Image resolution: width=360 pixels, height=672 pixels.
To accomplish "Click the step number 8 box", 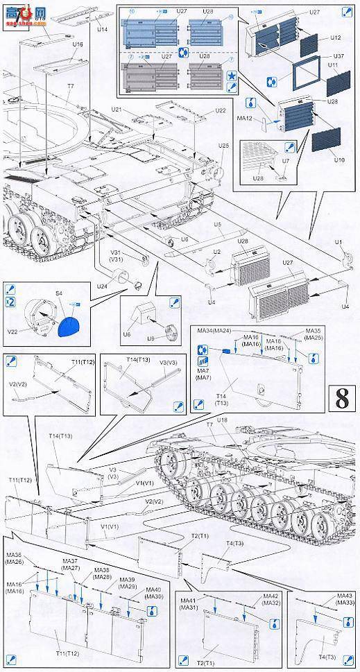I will click(x=341, y=399).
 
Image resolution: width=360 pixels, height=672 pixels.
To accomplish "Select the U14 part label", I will click(x=102, y=30).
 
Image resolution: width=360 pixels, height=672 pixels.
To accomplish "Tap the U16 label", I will click(x=78, y=44).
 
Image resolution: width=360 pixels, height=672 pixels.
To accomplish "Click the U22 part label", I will click(x=220, y=111).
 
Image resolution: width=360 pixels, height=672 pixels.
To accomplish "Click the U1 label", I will click(x=338, y=241).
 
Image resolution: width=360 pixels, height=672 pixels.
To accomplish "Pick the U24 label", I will click(x=102, y=286).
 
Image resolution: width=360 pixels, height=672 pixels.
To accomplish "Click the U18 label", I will click(x=222, y=420).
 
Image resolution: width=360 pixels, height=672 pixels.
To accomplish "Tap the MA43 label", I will click(x=344, y=596).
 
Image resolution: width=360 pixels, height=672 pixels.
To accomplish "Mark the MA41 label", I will click(x=188, y=599).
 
